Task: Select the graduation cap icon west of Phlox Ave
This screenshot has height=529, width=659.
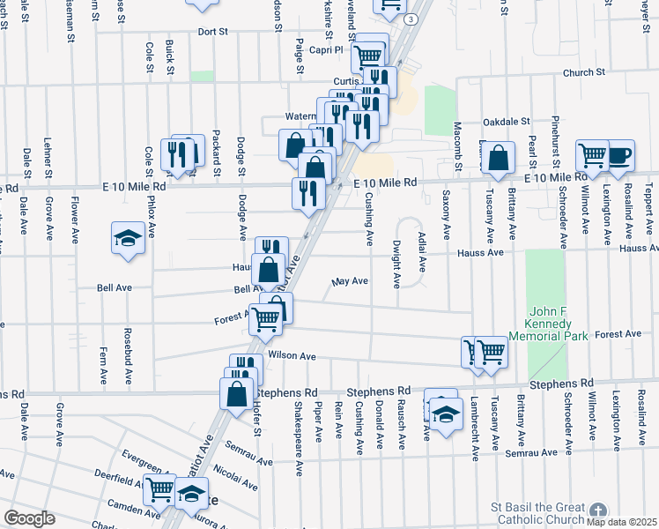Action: pos(128,238)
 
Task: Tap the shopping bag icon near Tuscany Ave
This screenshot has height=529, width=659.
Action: pos(499,159)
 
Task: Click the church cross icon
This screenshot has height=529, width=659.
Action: pos(598,510)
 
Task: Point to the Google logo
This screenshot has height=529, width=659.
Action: pos(29,518)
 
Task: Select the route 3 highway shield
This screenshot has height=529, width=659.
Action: pos(411,18)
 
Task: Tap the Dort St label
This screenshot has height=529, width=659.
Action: pos(212,32)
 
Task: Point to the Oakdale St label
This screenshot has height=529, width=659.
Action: pos(505,121)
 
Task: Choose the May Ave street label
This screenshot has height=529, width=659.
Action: pos(350,282)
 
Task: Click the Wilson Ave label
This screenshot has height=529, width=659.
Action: pos(292,356)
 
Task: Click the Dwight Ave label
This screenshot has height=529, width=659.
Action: pos(397,264)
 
